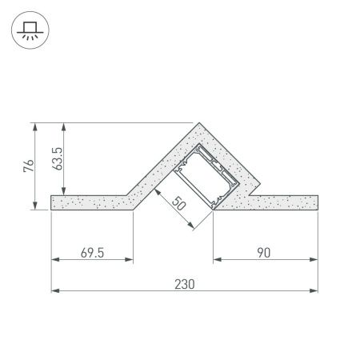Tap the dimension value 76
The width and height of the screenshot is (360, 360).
(x=28, y=166)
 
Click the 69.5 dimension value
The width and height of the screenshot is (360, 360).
(x=93, y=251)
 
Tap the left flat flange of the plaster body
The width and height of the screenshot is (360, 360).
(x=88, y=202)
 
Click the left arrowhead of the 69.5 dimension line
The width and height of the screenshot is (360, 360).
(x=54, y=260)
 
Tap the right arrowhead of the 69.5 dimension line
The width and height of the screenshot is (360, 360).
(x=130, y=260)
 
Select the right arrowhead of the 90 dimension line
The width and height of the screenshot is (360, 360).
(x=314, y=260)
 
